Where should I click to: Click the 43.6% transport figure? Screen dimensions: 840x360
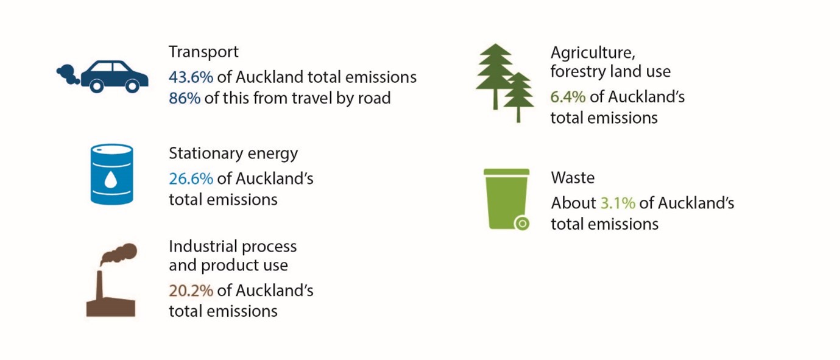pyautogui.click(x=191, y=77)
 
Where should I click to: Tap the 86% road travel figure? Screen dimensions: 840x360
pyautogui.click(x=185, y=98)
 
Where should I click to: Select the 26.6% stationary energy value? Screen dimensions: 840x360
pyautogui.click(x=191, y=178)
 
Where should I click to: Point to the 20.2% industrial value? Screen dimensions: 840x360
pyautogui.click(x=191, y=290)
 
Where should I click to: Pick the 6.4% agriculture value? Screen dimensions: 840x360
pyautogui.click(x=568, y=97)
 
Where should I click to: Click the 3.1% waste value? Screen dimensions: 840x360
pyautogui.click(x=618, y=203)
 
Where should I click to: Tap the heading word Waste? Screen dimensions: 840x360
pyautogui.click(x=573, y=177)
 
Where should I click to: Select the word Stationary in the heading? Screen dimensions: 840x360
pyautogui.click(x=206, y=154)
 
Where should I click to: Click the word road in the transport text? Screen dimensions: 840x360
pyautogui.click(x=374, y=98)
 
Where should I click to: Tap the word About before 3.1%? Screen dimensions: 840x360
pyautogui.click(x=573, y=203)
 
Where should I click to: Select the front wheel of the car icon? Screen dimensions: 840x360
pyautogui.click(x=132, y=86)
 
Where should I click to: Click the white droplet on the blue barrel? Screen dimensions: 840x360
pyautogui.click(x=111, y=180)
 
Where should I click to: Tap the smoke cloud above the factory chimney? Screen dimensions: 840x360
pyautogui.click(x=119, y=254)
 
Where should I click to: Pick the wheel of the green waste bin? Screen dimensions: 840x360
pyautogui.click(x=522, y=224)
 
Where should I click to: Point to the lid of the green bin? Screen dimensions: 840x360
pyautogui.click(x=506, y=172)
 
